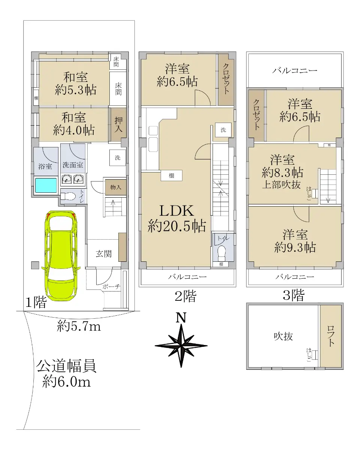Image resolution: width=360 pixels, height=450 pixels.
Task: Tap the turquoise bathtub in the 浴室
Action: click(x=46, y=185)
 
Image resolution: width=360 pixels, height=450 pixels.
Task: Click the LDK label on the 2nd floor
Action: click(x=177, y=211)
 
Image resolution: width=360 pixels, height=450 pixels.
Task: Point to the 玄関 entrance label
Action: click(x=104, y=253)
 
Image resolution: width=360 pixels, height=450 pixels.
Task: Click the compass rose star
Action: click(x=181, y=346)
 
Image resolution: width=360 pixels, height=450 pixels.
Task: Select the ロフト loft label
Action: click(x=331, y=336)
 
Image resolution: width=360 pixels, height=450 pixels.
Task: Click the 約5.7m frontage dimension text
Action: click(x=79, y=326)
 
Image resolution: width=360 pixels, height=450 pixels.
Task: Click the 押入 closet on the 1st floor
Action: click(x=118, y=124)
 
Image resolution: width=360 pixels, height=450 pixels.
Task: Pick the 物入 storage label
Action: click(x=115, y=187)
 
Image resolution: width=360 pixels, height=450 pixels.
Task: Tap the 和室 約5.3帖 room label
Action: click(x=75, y=83)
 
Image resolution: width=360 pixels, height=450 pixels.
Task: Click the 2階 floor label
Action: click(x=185, y=296)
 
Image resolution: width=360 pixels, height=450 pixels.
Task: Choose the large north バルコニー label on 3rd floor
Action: click(x=294, y=70)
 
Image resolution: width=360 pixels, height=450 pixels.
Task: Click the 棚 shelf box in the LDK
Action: click(x=172, y=175)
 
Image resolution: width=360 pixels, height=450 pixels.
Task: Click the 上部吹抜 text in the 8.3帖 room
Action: click(x=281, y=184)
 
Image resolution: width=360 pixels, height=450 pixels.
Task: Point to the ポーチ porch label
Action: click(x=111, y=286)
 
